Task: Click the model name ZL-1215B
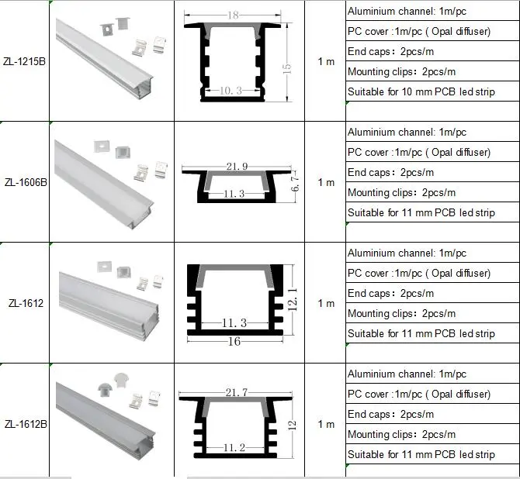point(24,61)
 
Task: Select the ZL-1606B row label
point(26,182)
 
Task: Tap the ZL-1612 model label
point(26,303)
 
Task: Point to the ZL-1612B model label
point(26,424)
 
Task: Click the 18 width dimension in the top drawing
point(233,16)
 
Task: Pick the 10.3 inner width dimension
point(231,91)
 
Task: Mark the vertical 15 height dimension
point(287,68)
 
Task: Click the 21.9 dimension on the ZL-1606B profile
point(237,166)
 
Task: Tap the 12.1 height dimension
point(292,300)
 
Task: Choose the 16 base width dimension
point(234,341)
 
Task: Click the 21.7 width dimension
point(237,392)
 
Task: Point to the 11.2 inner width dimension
point(234,448)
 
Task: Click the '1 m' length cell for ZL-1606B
point(326,182)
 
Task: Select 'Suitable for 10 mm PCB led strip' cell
point(421,91)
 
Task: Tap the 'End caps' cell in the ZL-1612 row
point(390,294)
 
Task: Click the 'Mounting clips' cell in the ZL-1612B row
point(401,434)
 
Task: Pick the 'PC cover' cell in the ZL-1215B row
point(419,32)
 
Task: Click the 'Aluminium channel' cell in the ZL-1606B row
point(407,133)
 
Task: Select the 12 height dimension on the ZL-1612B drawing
point(292,425)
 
